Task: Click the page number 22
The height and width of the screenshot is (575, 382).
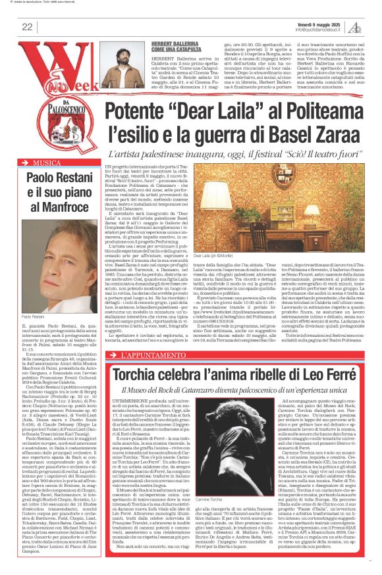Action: click(27, 26)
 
